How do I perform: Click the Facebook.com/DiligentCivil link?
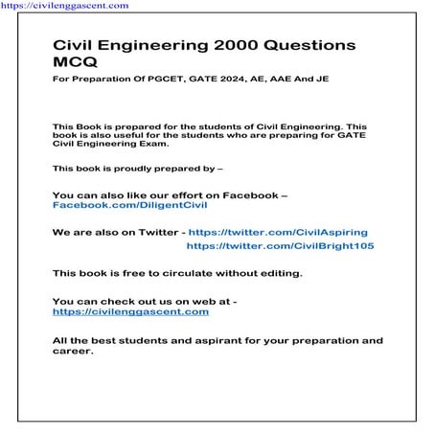pyautogui.click(x=130, y=205)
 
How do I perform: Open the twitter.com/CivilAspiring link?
pyautogui.click(x=278, y=232)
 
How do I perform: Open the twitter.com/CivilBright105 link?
pyautogui.click(x=280, y=246)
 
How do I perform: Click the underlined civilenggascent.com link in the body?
pyautogui.click(x=130, y=311)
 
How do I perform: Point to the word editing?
pyautogui.click(x=279, y=273)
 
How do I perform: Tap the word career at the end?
pyautogui.click(x=71, y=351)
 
